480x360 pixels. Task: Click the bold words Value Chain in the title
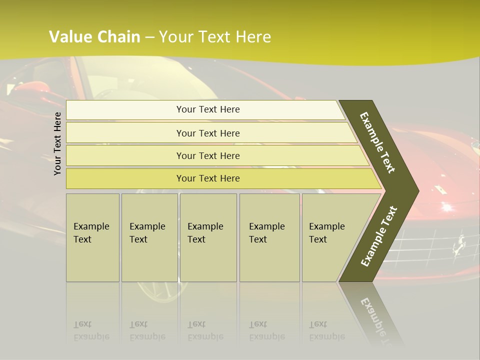[94, 37]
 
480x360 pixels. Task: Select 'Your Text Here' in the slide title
[215, 37]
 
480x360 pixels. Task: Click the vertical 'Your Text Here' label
[57, 143]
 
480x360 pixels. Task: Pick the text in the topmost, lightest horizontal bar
[208, 109]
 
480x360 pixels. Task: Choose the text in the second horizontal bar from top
[208, 133]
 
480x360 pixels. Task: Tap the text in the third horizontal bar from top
[208, 156]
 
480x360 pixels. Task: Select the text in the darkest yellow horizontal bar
[208, 178]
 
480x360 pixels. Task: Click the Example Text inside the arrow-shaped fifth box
[326, 233]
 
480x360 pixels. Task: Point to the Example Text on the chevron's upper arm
[377, 143]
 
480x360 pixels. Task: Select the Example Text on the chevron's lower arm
[379, 236]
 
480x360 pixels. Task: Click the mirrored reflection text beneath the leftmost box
[91, 330]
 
